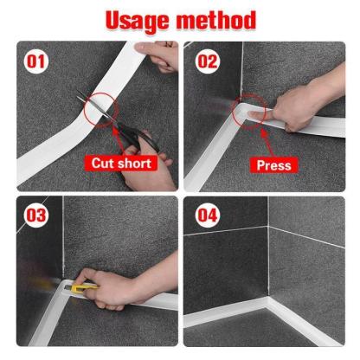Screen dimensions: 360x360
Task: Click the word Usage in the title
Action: (138, 21)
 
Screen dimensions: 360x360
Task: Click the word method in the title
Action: (216, 20)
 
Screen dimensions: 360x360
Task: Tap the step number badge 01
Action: (36, 61)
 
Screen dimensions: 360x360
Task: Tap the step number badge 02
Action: (207, 61)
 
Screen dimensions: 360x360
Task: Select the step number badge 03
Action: (36, 215)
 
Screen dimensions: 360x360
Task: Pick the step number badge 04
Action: (207, 215)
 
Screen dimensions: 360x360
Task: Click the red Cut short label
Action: (121, 164)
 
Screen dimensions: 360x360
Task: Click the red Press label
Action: (273, 165)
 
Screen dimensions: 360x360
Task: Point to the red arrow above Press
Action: (267, 144)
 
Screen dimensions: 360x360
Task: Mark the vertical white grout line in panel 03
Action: (63, 236)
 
